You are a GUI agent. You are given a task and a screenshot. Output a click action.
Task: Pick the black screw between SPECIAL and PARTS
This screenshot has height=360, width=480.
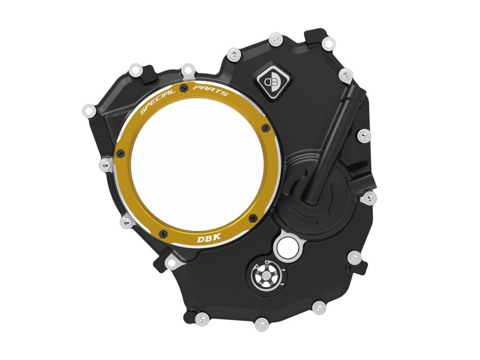click(183, 88)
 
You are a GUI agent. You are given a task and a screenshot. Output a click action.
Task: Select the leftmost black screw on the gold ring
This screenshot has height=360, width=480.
click(121, 153)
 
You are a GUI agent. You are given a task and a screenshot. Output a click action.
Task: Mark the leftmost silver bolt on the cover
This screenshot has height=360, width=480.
click(88, 110)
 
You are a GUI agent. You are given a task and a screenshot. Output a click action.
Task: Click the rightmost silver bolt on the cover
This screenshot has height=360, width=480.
click(369, 197)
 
